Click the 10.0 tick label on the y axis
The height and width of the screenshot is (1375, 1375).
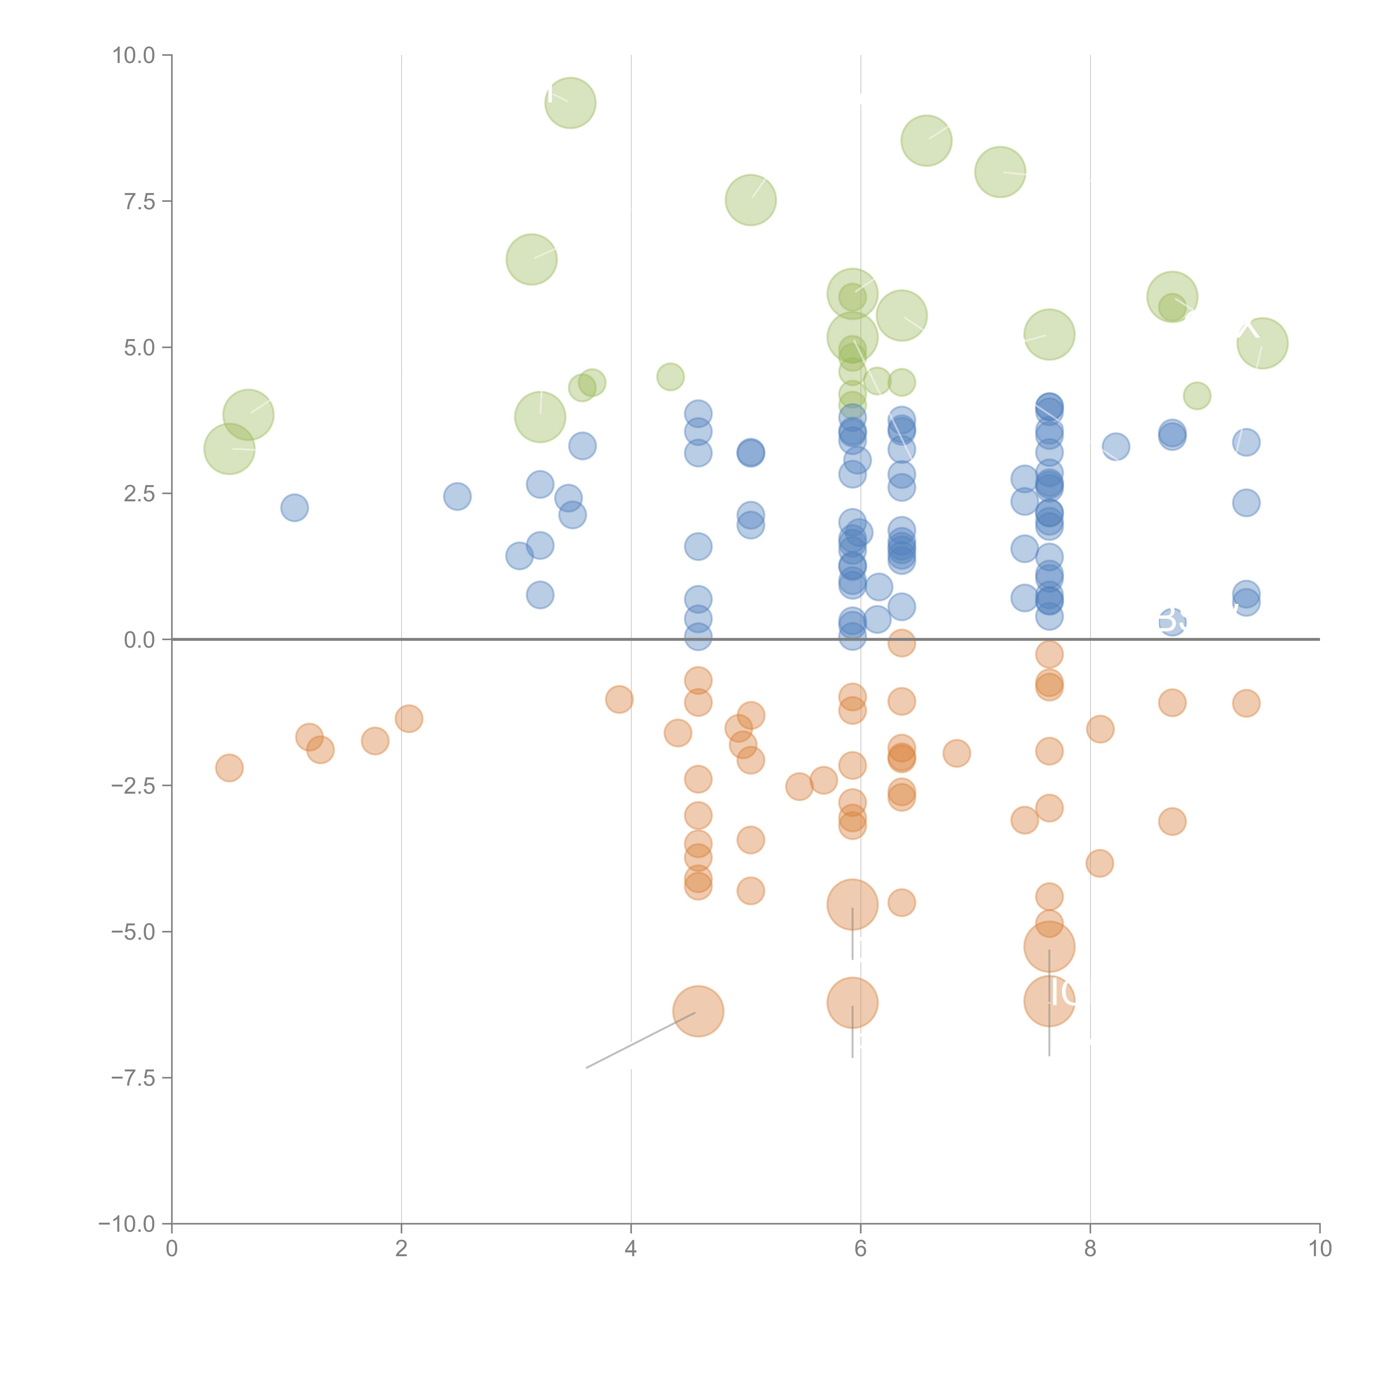click(x=134, y=56)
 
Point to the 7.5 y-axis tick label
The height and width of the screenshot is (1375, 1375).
click(x=139, y=201)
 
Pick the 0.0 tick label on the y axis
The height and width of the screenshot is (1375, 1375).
click(x=139, y=640)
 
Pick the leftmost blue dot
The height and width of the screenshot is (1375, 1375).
click(x=294, y=507)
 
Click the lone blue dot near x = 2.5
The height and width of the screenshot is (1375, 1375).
click(x=457, y=496)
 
